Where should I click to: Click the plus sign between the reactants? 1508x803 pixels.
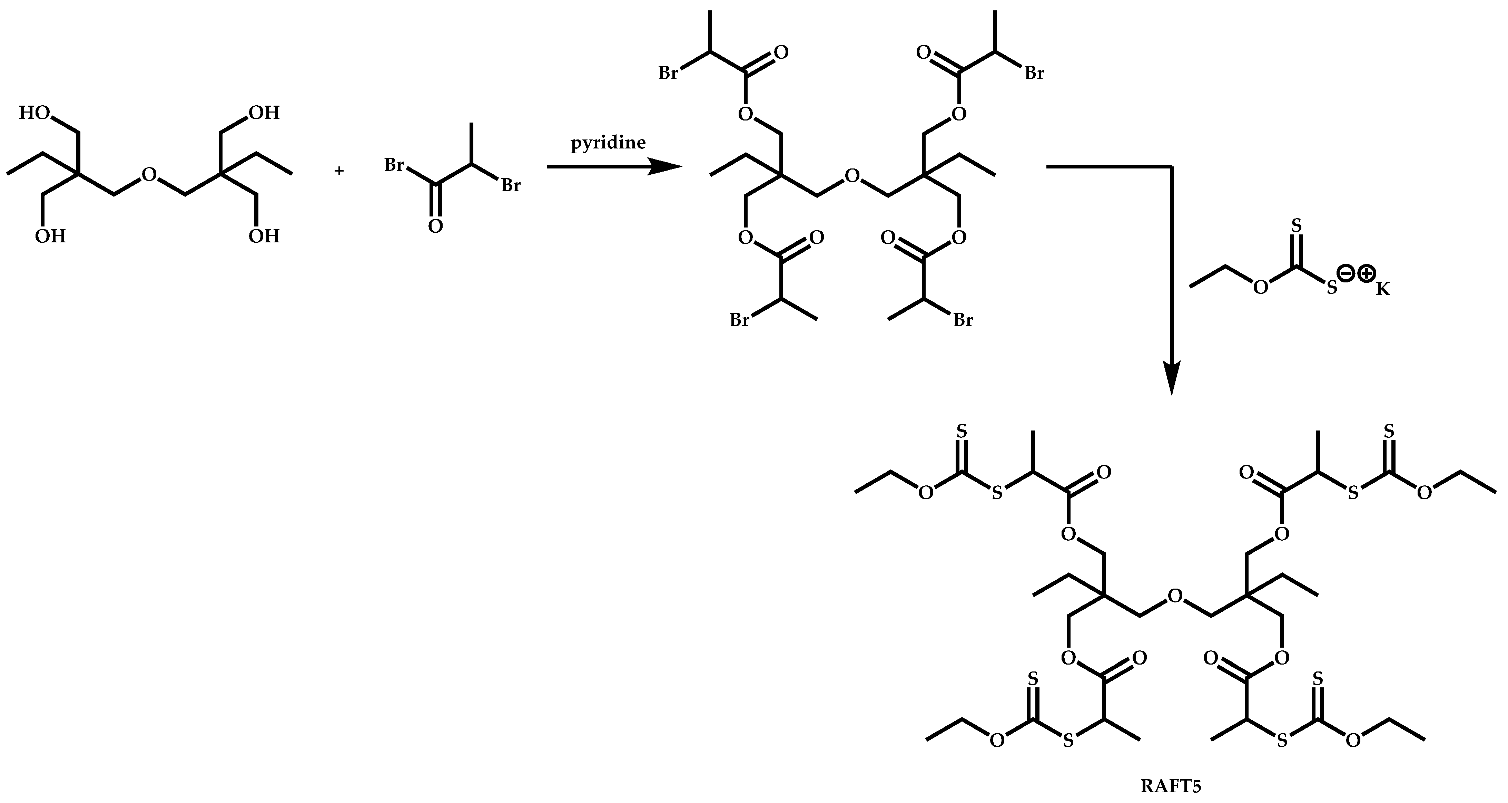[x=339, y=171]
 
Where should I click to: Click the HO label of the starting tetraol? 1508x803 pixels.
[x=34, y=113]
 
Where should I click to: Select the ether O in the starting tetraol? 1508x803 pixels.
[x=149, y=175]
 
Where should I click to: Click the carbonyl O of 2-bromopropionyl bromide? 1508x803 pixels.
[x=435, y=226]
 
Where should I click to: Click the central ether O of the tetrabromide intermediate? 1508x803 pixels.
[x=852, y=176]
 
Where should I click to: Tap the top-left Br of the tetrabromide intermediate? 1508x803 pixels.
[x=669, y=74]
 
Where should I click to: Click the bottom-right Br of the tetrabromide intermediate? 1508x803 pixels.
[x=963, y=320]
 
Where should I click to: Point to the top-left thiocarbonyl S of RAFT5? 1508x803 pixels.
[x=960, y=432]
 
